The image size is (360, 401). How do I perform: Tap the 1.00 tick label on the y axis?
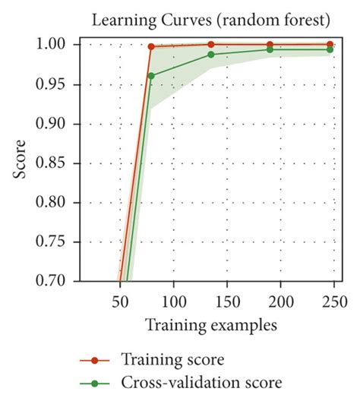pos(55,45)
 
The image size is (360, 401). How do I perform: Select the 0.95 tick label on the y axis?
pos(55,84)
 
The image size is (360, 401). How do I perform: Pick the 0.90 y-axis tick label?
pos(55,124)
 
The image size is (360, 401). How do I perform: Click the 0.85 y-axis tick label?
pos(55,163)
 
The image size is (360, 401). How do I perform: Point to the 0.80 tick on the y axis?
pos(55,203)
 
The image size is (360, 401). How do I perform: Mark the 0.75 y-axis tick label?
pos(55,242)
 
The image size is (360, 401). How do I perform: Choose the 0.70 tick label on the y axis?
pos(55,281)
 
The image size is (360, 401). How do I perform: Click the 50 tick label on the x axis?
pos(120,299)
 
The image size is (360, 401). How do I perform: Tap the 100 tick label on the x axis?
pos(174,299)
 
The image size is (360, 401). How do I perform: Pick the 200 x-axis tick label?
pos(281,299)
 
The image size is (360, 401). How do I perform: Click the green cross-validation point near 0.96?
pos(152,75)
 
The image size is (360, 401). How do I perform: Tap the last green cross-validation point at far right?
pos(329,49)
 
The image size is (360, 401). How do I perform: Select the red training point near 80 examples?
pos(152,46)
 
